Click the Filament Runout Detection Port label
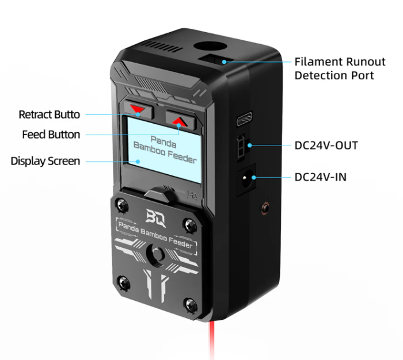334,68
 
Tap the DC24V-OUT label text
326,145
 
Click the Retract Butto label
50,114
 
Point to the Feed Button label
51,135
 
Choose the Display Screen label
45,161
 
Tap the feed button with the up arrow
179,120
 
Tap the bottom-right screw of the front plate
188,304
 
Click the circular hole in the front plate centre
154,252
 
